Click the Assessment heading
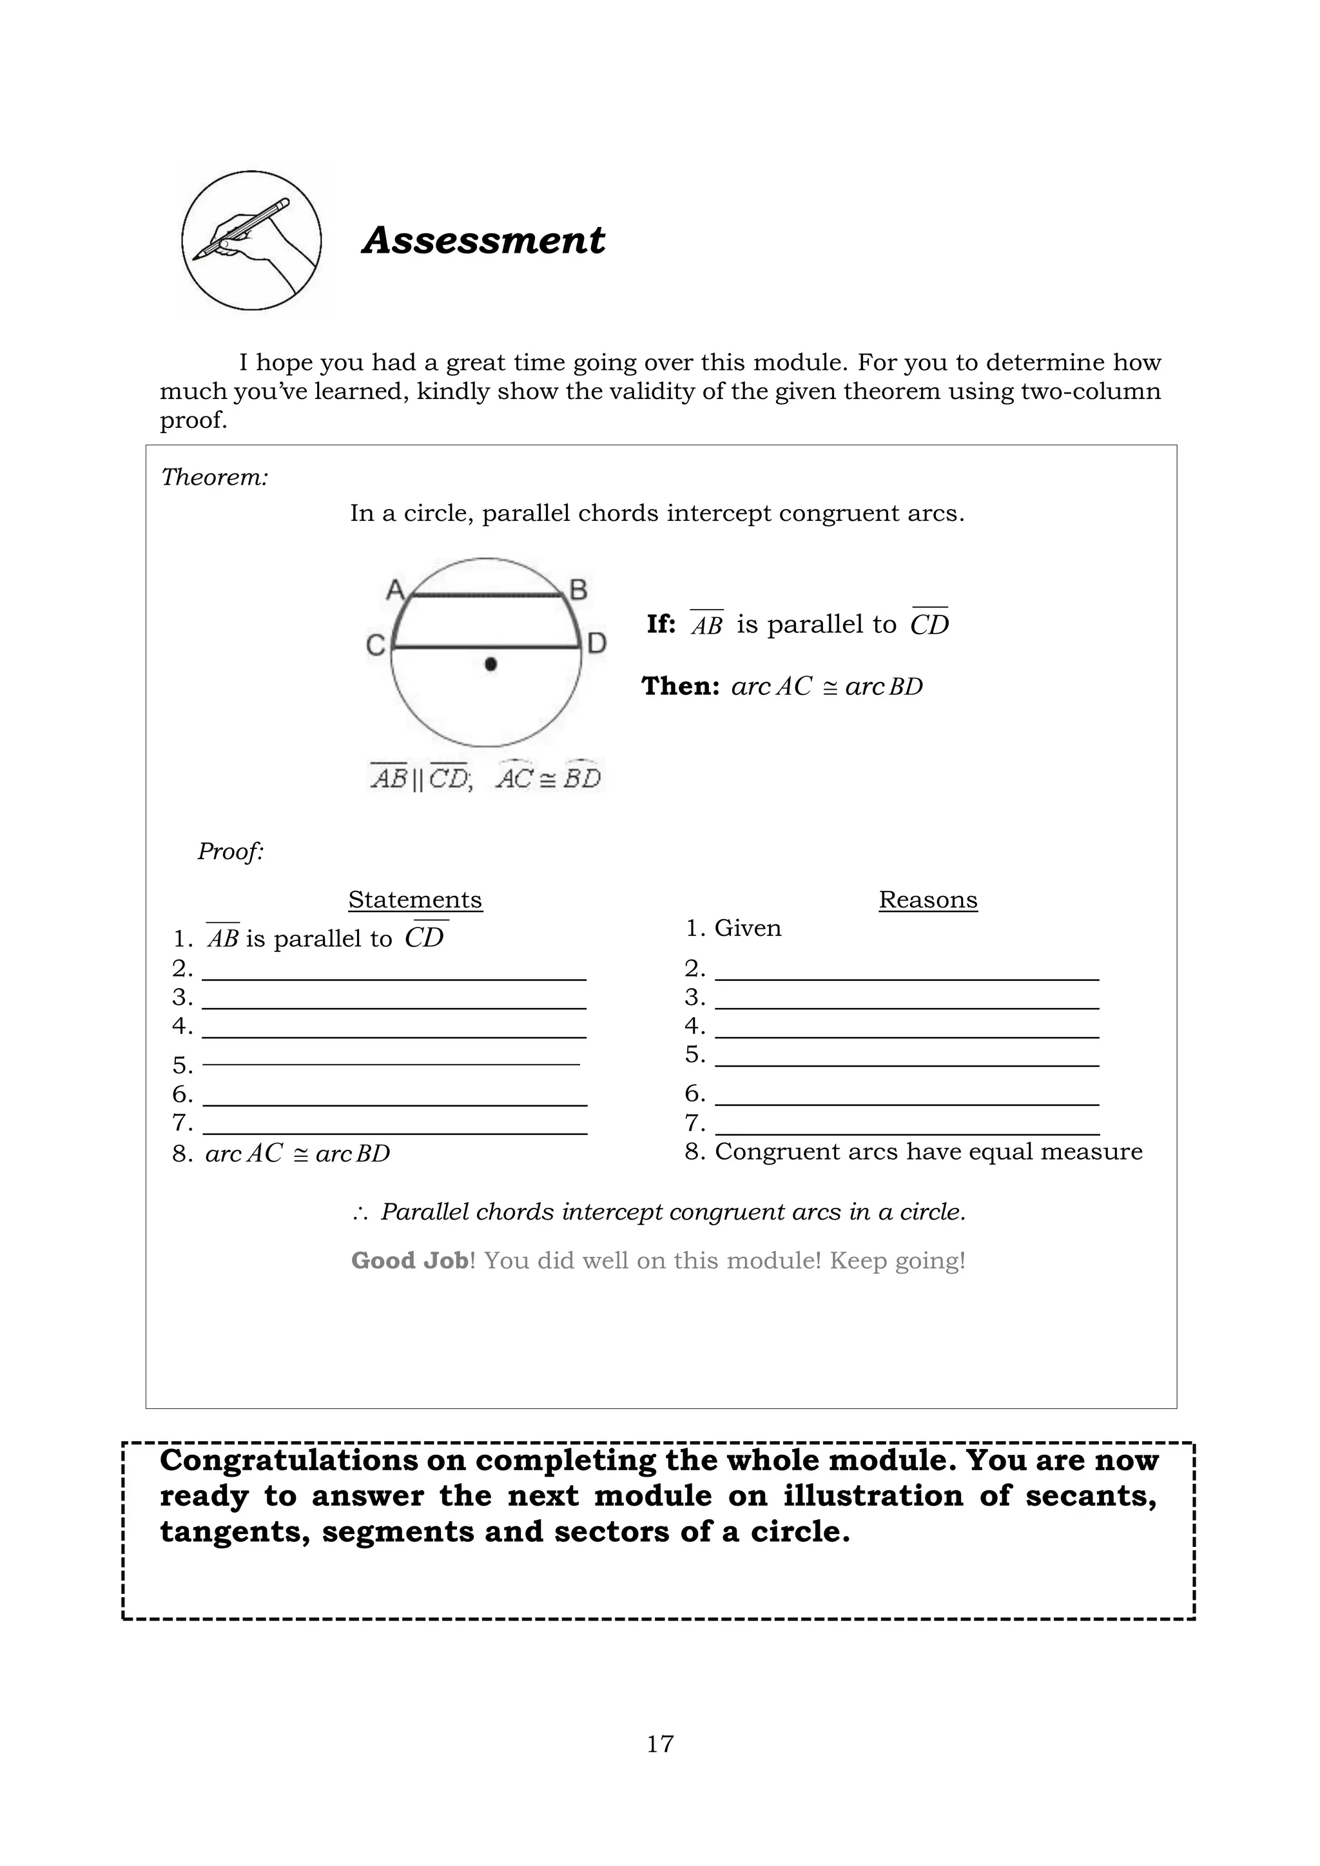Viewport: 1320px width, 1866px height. [x=483, y=240]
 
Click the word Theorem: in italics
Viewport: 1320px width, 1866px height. [x=215, y=477]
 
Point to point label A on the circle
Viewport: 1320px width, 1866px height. [x=394, y=589]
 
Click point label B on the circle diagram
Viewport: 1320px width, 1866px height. [x=578, y=589]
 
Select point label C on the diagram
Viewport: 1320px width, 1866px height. [x=374, y=646]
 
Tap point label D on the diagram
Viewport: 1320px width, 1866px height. [x=597, y=645]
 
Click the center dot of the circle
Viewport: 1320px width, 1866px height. [x=490, y=664]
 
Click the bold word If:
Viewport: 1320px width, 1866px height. [x=661, y=624]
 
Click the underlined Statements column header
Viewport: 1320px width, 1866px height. [x=414, y=900]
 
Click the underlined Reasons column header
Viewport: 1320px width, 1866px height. [x=927, y=900]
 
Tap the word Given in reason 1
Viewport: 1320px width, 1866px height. [x=747, y=928]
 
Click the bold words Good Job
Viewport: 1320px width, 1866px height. [x=409, y=1261]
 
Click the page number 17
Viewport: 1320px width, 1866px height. [x=660, y=1744]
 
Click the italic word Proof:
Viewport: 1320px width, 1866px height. [x=230, y=851]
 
